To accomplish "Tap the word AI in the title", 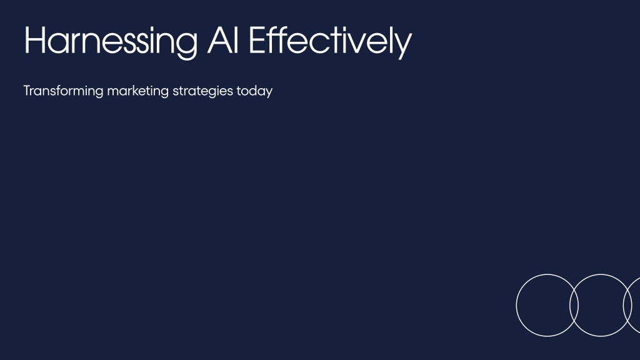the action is [223, 40].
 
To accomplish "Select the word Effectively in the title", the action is [330, 41].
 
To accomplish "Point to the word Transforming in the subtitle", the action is [63, 91].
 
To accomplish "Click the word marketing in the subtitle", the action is [137, 91].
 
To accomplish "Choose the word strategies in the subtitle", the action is [202, 91].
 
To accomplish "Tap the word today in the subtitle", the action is [255, 91].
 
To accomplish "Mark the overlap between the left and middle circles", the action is [574, 305].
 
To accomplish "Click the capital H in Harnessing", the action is [34, 40].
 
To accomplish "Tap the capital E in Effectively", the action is [256, 40].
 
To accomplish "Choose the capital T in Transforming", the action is [27, 91].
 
